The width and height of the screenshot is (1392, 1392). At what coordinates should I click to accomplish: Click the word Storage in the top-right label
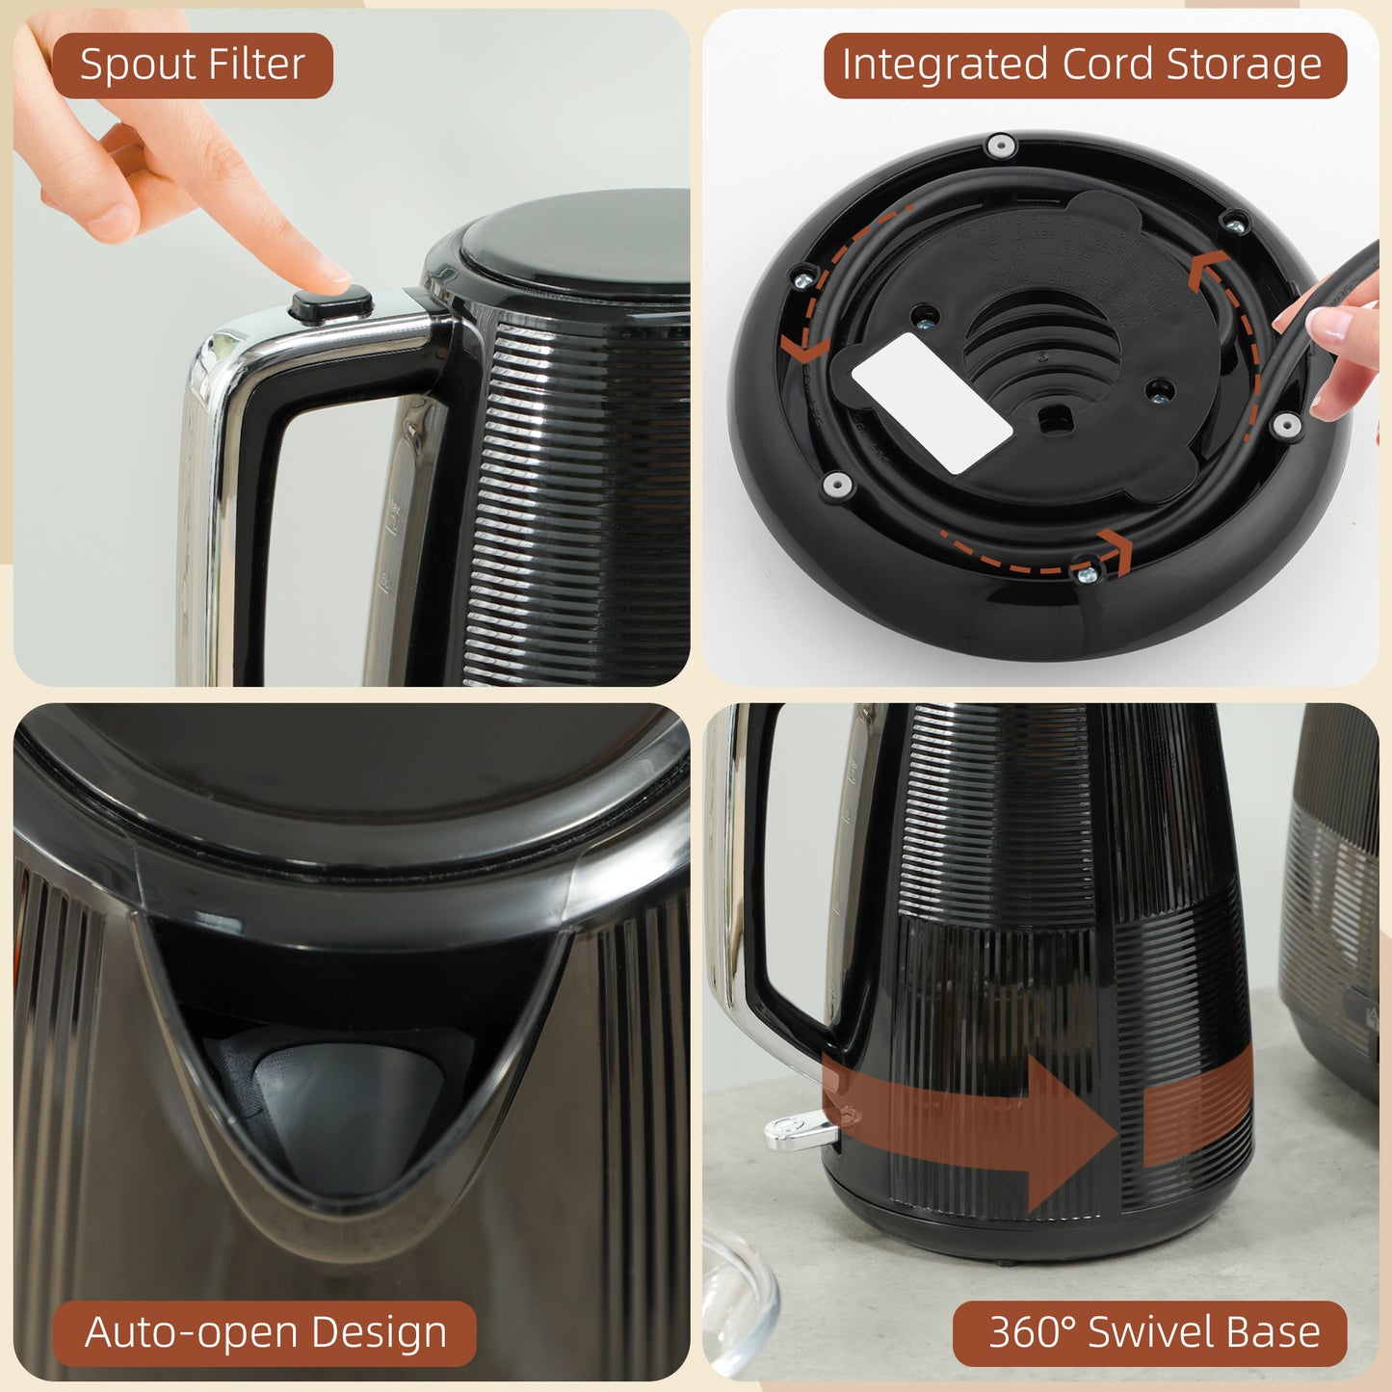pos(1244,65)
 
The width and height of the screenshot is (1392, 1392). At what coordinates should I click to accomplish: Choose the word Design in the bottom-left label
pos(379,1332)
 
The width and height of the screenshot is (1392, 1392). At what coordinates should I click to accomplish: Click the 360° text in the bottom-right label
pos(1031,1332)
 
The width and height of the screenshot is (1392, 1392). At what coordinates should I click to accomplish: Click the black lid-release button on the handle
pos(331,304)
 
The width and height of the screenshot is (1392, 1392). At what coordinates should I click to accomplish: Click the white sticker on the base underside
pos(932,404)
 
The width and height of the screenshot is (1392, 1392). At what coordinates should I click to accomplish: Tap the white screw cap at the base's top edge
pos(1002,146)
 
